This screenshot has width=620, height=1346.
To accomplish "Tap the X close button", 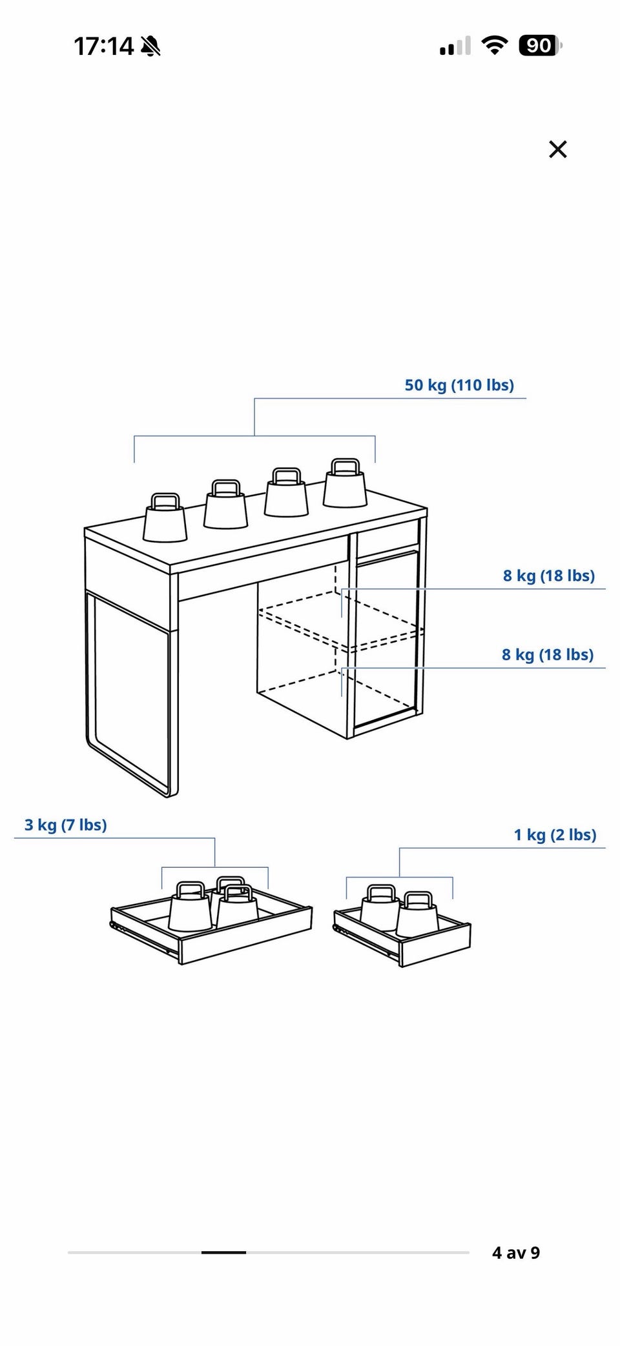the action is [557, 149].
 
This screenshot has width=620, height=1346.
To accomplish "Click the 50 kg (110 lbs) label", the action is [459, 385].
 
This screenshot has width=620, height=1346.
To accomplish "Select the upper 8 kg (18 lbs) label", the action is [549, 576].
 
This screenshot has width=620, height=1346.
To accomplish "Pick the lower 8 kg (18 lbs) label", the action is [548, 654].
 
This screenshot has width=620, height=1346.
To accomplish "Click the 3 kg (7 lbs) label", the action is [66, 825].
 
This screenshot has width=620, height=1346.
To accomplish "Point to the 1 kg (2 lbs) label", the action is [555, 834].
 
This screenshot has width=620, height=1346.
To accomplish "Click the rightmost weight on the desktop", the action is [345, 483].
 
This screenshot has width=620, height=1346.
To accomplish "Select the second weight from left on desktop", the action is [226, 504].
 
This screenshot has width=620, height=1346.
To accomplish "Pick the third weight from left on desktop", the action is [286, 492].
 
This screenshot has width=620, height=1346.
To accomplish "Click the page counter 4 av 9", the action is [516, 1252].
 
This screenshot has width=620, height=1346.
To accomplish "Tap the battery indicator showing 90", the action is [540, 46].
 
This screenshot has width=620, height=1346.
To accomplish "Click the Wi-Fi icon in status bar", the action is [495, 46].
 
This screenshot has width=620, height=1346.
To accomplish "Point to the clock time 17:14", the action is [104, 46].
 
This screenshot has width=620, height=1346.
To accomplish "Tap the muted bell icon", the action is [150, 46].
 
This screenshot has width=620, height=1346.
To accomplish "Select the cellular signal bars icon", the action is [455, 46].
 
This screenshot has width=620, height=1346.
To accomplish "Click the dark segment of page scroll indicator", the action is [223, 1252].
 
